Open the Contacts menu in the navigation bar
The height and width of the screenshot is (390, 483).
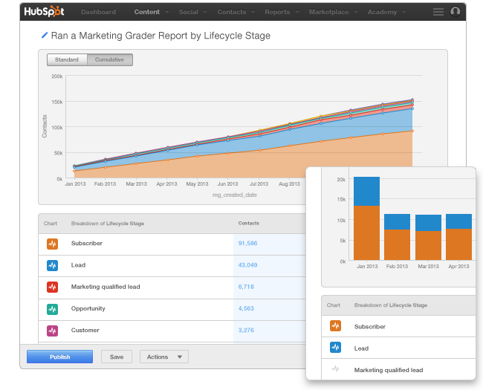click(232, 13)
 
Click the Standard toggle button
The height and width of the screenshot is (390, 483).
click(67, 59)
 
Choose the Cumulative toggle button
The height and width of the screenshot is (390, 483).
click(109, 59)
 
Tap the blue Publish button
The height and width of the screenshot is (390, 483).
click(59, 357)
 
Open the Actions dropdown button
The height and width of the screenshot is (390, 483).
click(163, 357)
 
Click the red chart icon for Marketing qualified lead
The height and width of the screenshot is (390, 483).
click(52, 287)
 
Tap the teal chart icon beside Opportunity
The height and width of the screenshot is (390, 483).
click(52, 308)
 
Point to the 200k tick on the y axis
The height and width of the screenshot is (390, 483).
click(56, 76)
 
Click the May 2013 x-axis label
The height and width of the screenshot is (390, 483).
click(197, 183)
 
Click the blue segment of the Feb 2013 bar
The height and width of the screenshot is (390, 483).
click(397, 221)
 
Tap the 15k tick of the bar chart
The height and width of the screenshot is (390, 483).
click(341, 200)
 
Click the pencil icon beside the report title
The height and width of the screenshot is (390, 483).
click(45, 36)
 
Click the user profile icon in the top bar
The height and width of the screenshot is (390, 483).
click(456, 12)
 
